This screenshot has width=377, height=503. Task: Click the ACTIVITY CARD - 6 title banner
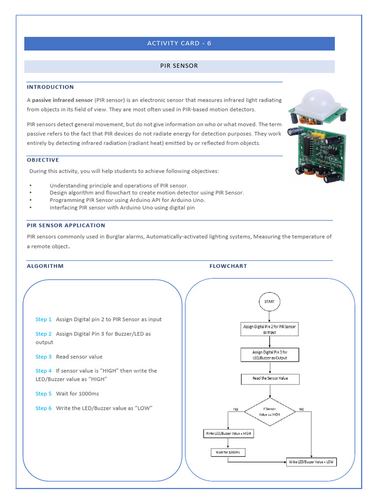pos(179,43)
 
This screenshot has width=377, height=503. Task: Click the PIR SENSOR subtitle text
pos(179,66)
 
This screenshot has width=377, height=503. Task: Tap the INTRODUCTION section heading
pos(50,87)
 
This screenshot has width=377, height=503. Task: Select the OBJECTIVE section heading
pos(43,160)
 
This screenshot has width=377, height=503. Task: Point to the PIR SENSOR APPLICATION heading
pos(66,225)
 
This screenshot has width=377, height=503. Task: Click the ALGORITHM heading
pos(45,266)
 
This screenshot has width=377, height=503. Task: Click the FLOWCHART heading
pos(228,266)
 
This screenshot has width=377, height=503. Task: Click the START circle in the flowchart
pos(269,302)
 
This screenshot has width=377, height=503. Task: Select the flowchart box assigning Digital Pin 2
pos(269,329)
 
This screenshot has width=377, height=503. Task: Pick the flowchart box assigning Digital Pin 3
pos(269,355)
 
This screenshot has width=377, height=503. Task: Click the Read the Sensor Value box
pos(269,379)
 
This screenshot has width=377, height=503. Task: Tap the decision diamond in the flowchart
pos(269,411)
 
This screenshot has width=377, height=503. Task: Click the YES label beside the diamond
pos(236,409)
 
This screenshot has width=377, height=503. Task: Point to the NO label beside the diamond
pos(301,409)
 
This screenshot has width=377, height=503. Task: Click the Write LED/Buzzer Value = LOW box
pos(311,462)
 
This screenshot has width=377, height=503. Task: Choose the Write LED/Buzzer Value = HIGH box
pos(228,434)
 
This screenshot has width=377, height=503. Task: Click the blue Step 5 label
pos(43,394)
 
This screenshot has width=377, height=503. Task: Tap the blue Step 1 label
pos(43,319)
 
